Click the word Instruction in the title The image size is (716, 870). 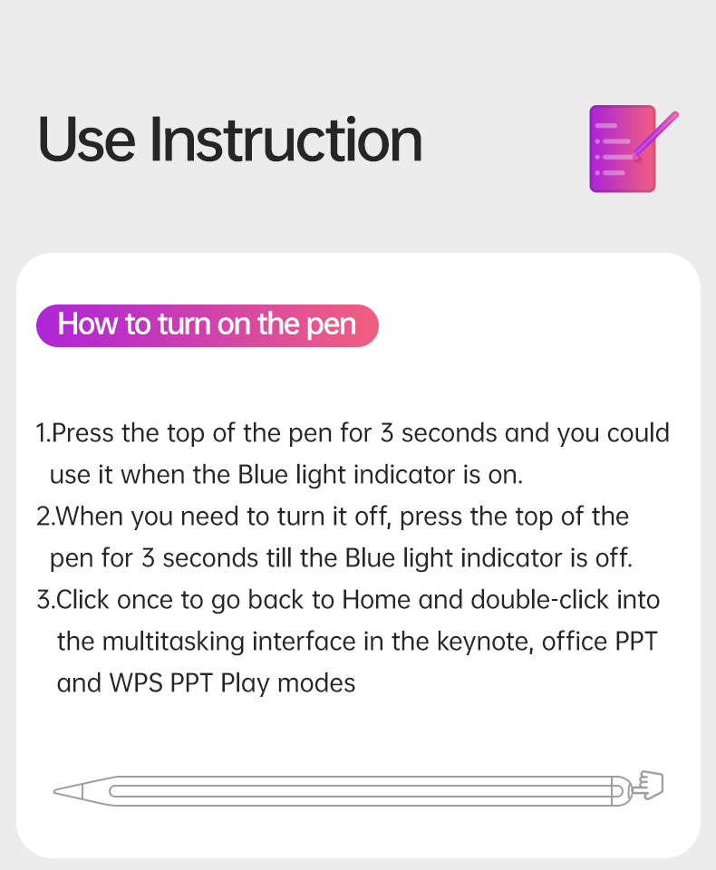pos(285,140)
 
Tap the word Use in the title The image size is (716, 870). pos(86,140)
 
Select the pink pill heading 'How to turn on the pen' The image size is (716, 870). pos(207,325)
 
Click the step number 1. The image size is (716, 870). pos(41,433)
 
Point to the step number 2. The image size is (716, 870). pos(43,517)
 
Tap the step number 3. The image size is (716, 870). pos(43,600)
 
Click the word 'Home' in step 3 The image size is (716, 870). pos(376,600)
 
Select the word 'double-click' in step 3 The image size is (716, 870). pos(539,600)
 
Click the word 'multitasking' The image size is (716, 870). pos(173,642)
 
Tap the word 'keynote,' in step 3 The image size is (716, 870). pos(485,642)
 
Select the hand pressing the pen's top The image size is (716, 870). pos(648,785)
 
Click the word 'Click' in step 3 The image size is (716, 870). pos(82,600)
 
